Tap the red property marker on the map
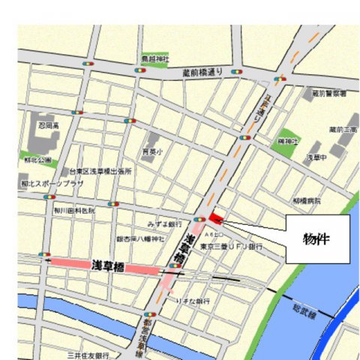(216, 218)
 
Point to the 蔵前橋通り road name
(203, 73)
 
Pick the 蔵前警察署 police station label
(328, 94)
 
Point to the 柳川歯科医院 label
(73, 211)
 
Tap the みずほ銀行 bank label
(165, 223)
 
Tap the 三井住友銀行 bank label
(88, 354)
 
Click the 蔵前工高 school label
(339, 130)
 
